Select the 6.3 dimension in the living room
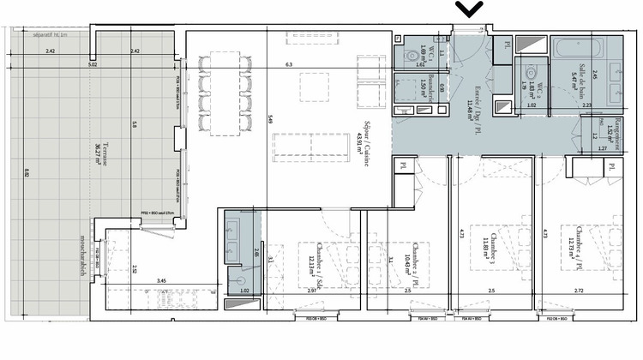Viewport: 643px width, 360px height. click(x=289, y=63)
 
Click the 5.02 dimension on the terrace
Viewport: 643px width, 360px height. click(x=92, y=64)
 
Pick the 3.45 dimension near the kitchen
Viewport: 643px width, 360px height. click(x=160, y=280)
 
